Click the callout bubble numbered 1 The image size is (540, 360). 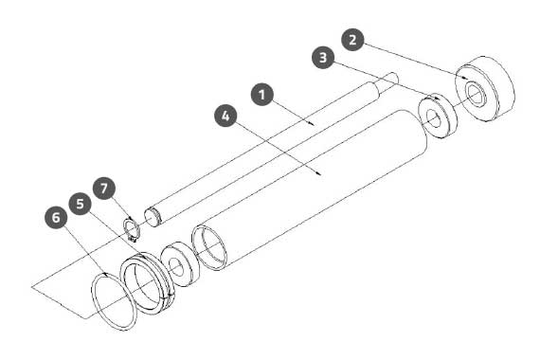pos(262,95)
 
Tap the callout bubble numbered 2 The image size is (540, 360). pos(352,40)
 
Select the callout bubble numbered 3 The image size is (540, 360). pos(323,58)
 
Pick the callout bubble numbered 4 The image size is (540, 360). pos(225,116)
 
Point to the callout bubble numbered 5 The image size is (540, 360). pos(80,204)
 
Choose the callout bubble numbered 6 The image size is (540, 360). pos(56,217)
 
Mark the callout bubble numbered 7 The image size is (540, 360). pos(104,189)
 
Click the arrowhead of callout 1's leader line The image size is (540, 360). pos(312,124)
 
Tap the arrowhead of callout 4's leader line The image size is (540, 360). pos(319,173)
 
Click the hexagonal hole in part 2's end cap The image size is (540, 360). pos(477,95)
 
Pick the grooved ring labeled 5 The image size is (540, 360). pos(148,282)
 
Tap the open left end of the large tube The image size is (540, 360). pos(209,247)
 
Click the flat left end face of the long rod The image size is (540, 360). pos(152,217)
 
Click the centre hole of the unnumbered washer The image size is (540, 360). pos(176,267)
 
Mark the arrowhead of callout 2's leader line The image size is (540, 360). pos(465,78)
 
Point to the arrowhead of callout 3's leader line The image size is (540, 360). pos(437,99)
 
